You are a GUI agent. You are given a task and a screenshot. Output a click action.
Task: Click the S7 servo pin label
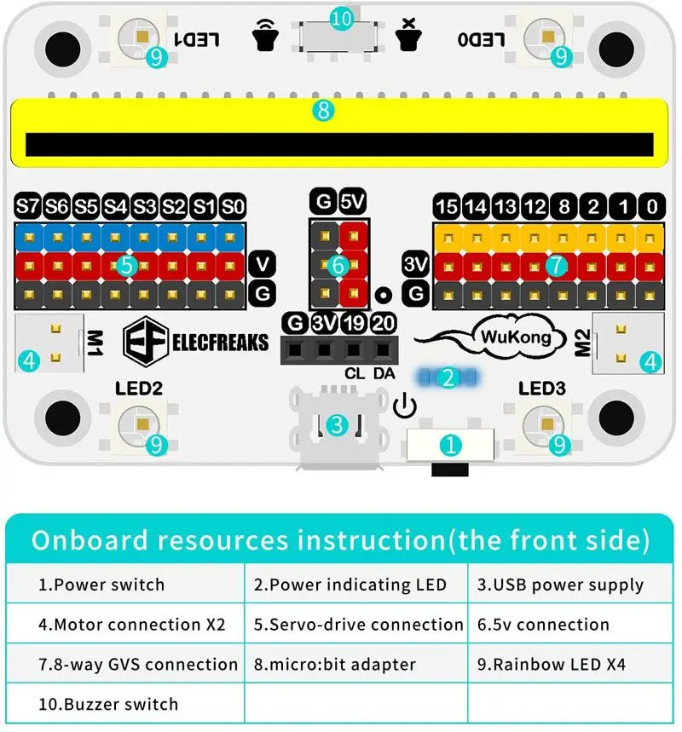(28, 206)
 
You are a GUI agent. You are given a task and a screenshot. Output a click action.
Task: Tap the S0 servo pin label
(233, 206)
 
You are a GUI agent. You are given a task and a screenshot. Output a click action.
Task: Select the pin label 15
(447, 206)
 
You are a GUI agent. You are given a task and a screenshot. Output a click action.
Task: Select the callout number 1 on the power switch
(451, 444)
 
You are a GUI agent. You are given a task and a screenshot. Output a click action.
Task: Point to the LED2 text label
(139, 389)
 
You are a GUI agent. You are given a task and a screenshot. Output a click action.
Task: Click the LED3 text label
(542, 389)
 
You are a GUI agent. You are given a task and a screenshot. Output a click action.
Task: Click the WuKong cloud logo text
(511, 337)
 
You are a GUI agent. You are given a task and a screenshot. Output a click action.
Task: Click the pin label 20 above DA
(384, 324)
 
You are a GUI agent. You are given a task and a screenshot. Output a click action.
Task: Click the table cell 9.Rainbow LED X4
(565, 664)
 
